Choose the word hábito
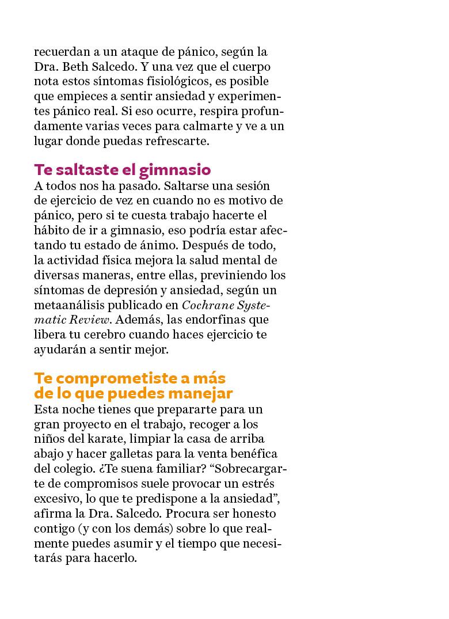[52, 230]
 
